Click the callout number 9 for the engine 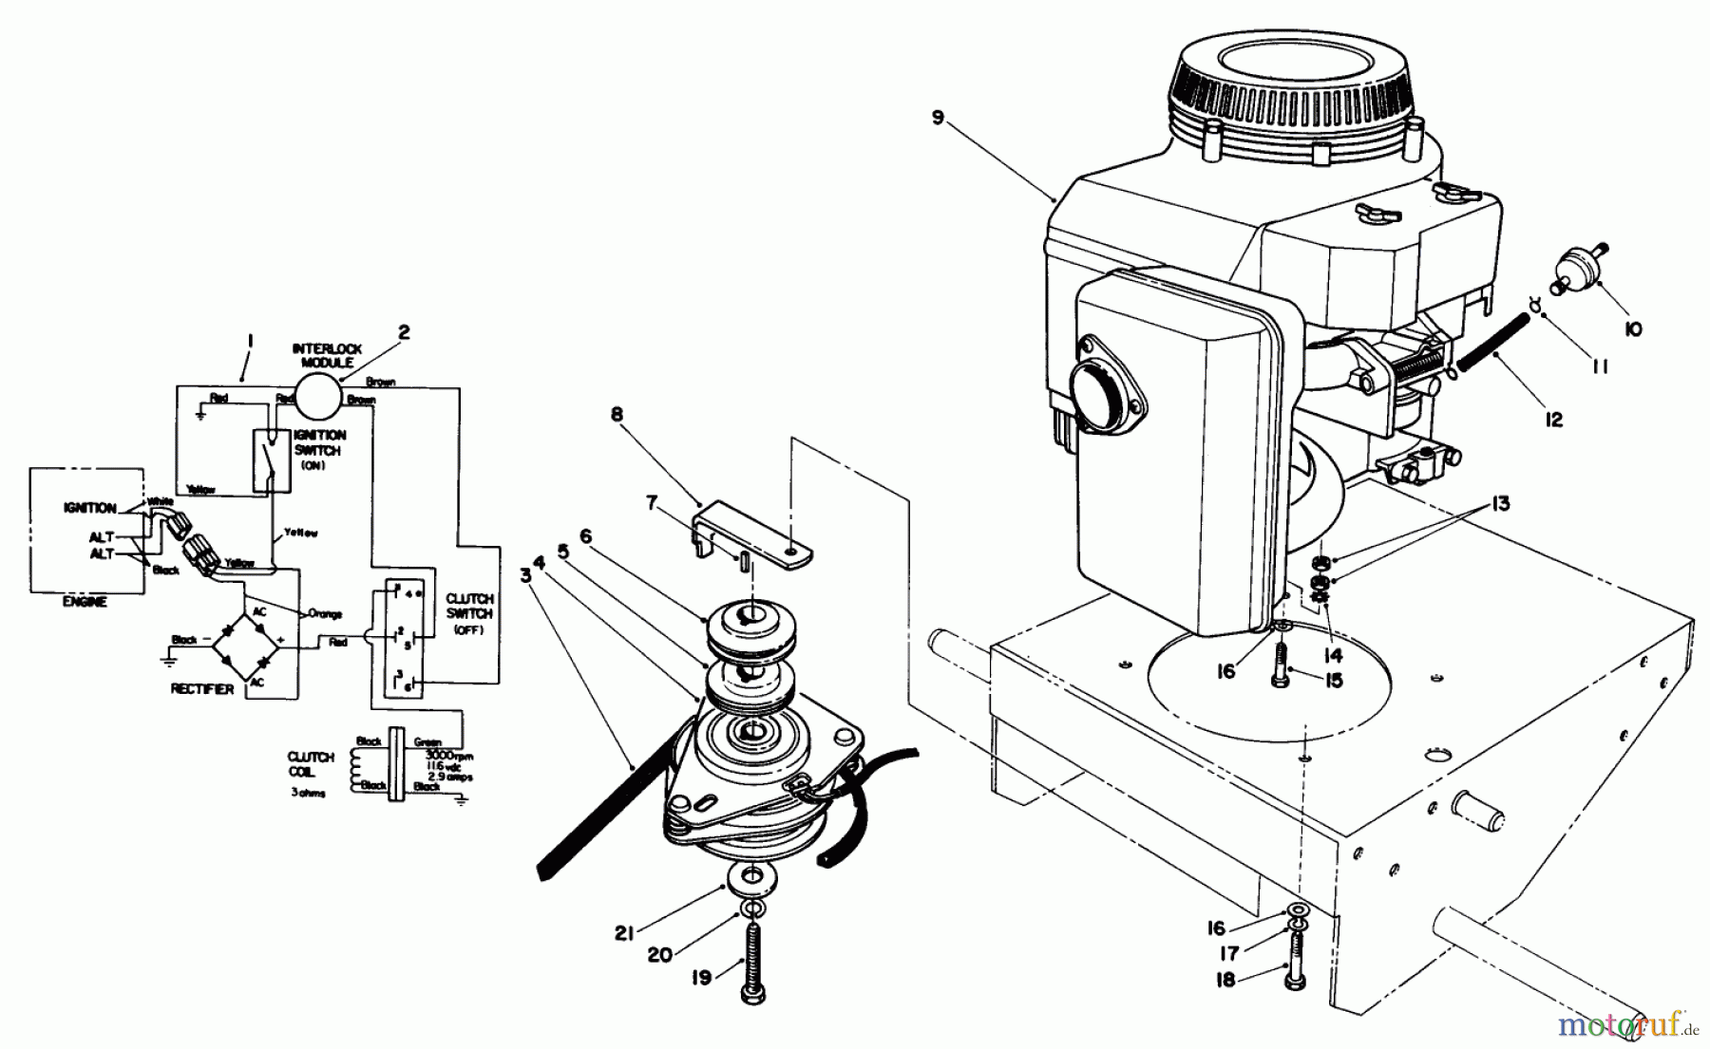[x=939, y=118]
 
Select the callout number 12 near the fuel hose [x=1553, y=419]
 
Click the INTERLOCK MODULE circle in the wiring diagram [x=316, y=396]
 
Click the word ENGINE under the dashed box [x=85, y=602]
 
